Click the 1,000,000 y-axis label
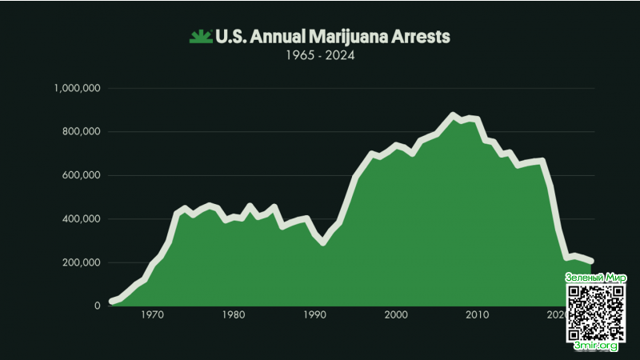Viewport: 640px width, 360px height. pos(76,88)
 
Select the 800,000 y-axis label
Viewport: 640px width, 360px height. pos(80,132)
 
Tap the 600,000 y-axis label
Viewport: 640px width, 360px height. pos(80,175)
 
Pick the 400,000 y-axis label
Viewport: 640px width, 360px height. pos(80,219)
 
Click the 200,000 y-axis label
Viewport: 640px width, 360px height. pos(80,262)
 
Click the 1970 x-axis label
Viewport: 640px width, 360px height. pos(151,315)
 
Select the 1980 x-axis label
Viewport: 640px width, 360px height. pos(233,315)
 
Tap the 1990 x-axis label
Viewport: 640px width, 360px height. pos(314,315)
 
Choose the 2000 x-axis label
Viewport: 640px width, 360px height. pos(397,315)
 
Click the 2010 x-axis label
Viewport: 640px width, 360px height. pos(478,315)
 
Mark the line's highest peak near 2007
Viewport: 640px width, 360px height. pos(454,115)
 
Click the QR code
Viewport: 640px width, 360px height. pos(596,312)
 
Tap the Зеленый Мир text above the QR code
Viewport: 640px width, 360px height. pos(596,278)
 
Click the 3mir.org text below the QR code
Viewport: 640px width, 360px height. pos(596,346)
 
